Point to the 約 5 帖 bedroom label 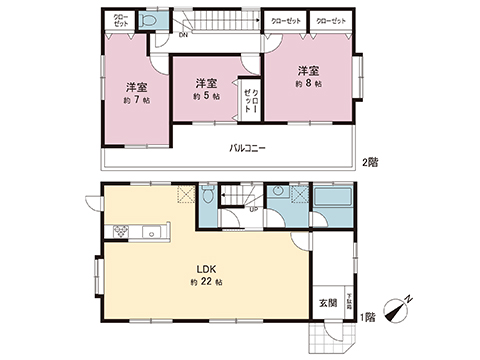point(206,97)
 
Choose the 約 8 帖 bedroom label point(308,85)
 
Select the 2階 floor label point(371,162)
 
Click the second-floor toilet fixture point(150,21)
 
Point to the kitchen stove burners point(120,232)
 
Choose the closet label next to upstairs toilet point(120,20)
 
